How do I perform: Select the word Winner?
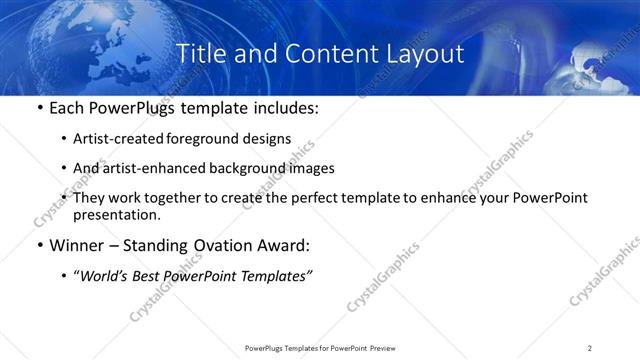(x=74, y=245)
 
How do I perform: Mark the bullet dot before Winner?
(x=39, y=246)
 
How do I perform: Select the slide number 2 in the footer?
(x=590, y=348)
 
